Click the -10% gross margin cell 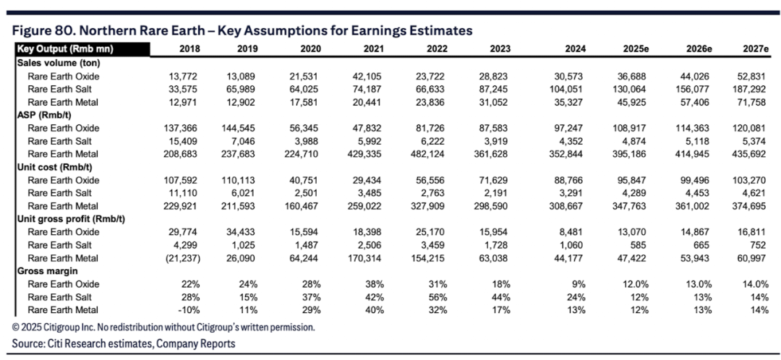(189, 310)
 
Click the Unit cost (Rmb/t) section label (54, 167)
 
